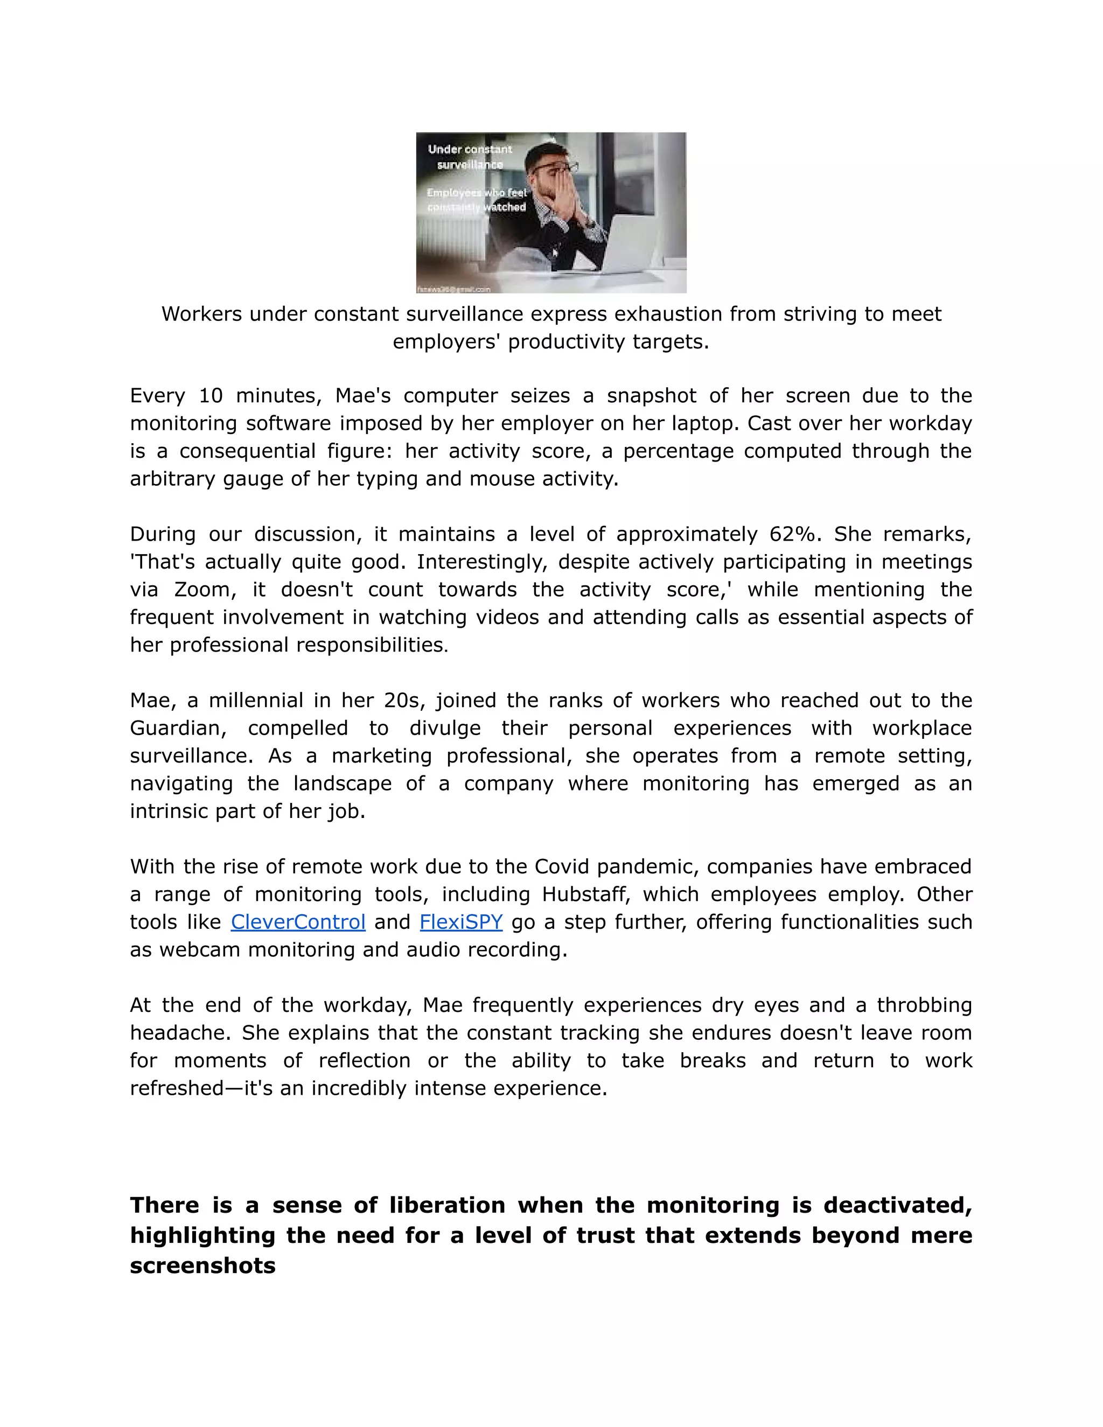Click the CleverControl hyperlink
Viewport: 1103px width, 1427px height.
298,922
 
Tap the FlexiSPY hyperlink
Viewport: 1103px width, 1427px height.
460,922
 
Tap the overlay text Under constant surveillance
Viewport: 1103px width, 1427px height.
470,157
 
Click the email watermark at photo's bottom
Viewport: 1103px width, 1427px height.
453,289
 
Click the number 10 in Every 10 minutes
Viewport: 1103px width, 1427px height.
211,395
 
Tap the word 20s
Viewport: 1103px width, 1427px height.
405,701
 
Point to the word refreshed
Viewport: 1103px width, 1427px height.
178,1088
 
